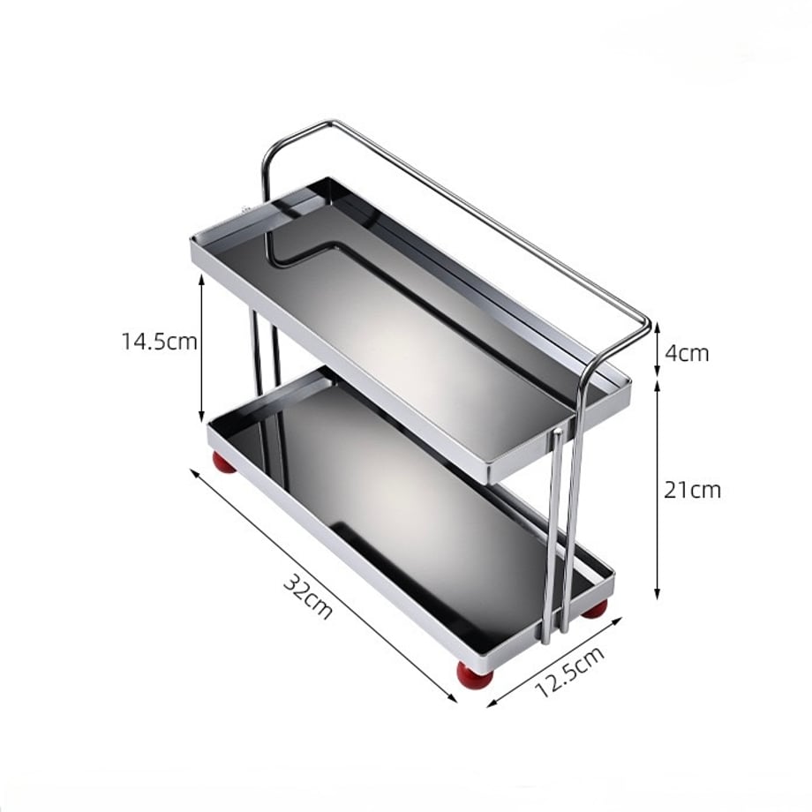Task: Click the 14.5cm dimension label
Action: coord(160,342)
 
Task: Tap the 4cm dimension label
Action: coord(686,353)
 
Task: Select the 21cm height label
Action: coord(692,489)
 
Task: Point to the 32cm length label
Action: coord(308,597)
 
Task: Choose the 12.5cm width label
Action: coord(569,672)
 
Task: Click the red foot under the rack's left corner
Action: coord(224,462)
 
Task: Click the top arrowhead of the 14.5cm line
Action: coord(202,278)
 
